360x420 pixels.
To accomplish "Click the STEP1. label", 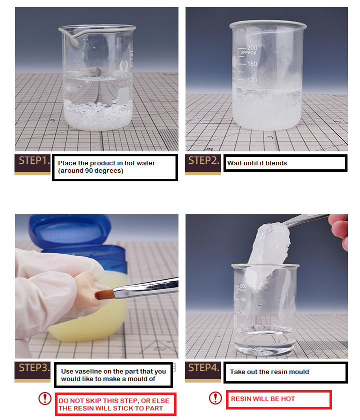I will [x=32, y=161].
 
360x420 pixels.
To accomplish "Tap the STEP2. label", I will [x=202, y=161].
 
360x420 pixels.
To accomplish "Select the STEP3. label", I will [x=32, y=369].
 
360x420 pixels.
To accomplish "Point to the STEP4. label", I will [x=202, y=368].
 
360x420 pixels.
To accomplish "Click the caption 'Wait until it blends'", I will [x=257, y=163].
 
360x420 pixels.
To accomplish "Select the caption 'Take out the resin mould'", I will [x=269, y=372].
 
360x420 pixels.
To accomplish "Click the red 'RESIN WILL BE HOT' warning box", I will [x=278, y=400].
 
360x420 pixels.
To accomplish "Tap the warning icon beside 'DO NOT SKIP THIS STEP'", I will [x=45, y=398].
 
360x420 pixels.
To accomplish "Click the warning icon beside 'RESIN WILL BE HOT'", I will [x=215, y=398].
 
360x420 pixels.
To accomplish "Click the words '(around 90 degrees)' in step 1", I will [x=90, y=171].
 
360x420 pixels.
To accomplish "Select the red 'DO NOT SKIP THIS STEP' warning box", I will [x=116, y=404].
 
